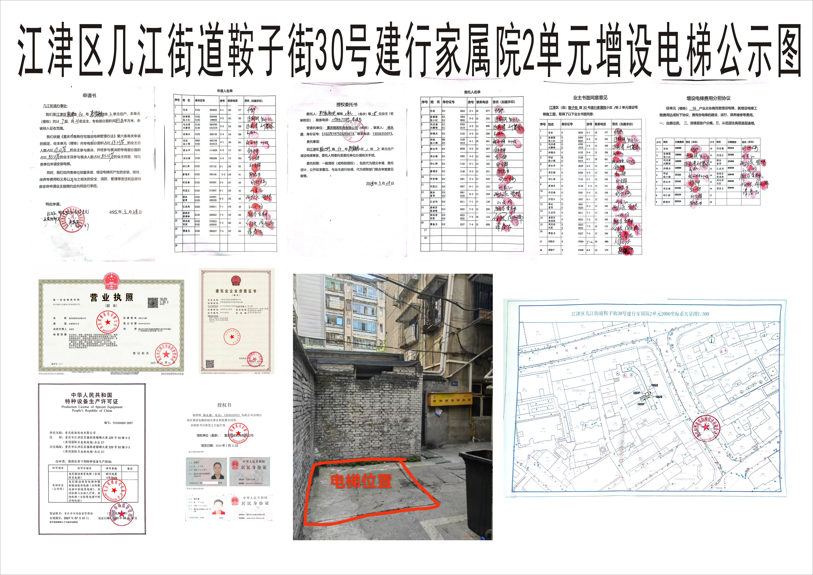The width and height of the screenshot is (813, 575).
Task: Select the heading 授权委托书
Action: [x=347, y=105]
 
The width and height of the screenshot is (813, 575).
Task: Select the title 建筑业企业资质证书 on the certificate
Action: [x=236, y=291]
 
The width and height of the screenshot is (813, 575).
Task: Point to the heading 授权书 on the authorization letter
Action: [x=224, y=405]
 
